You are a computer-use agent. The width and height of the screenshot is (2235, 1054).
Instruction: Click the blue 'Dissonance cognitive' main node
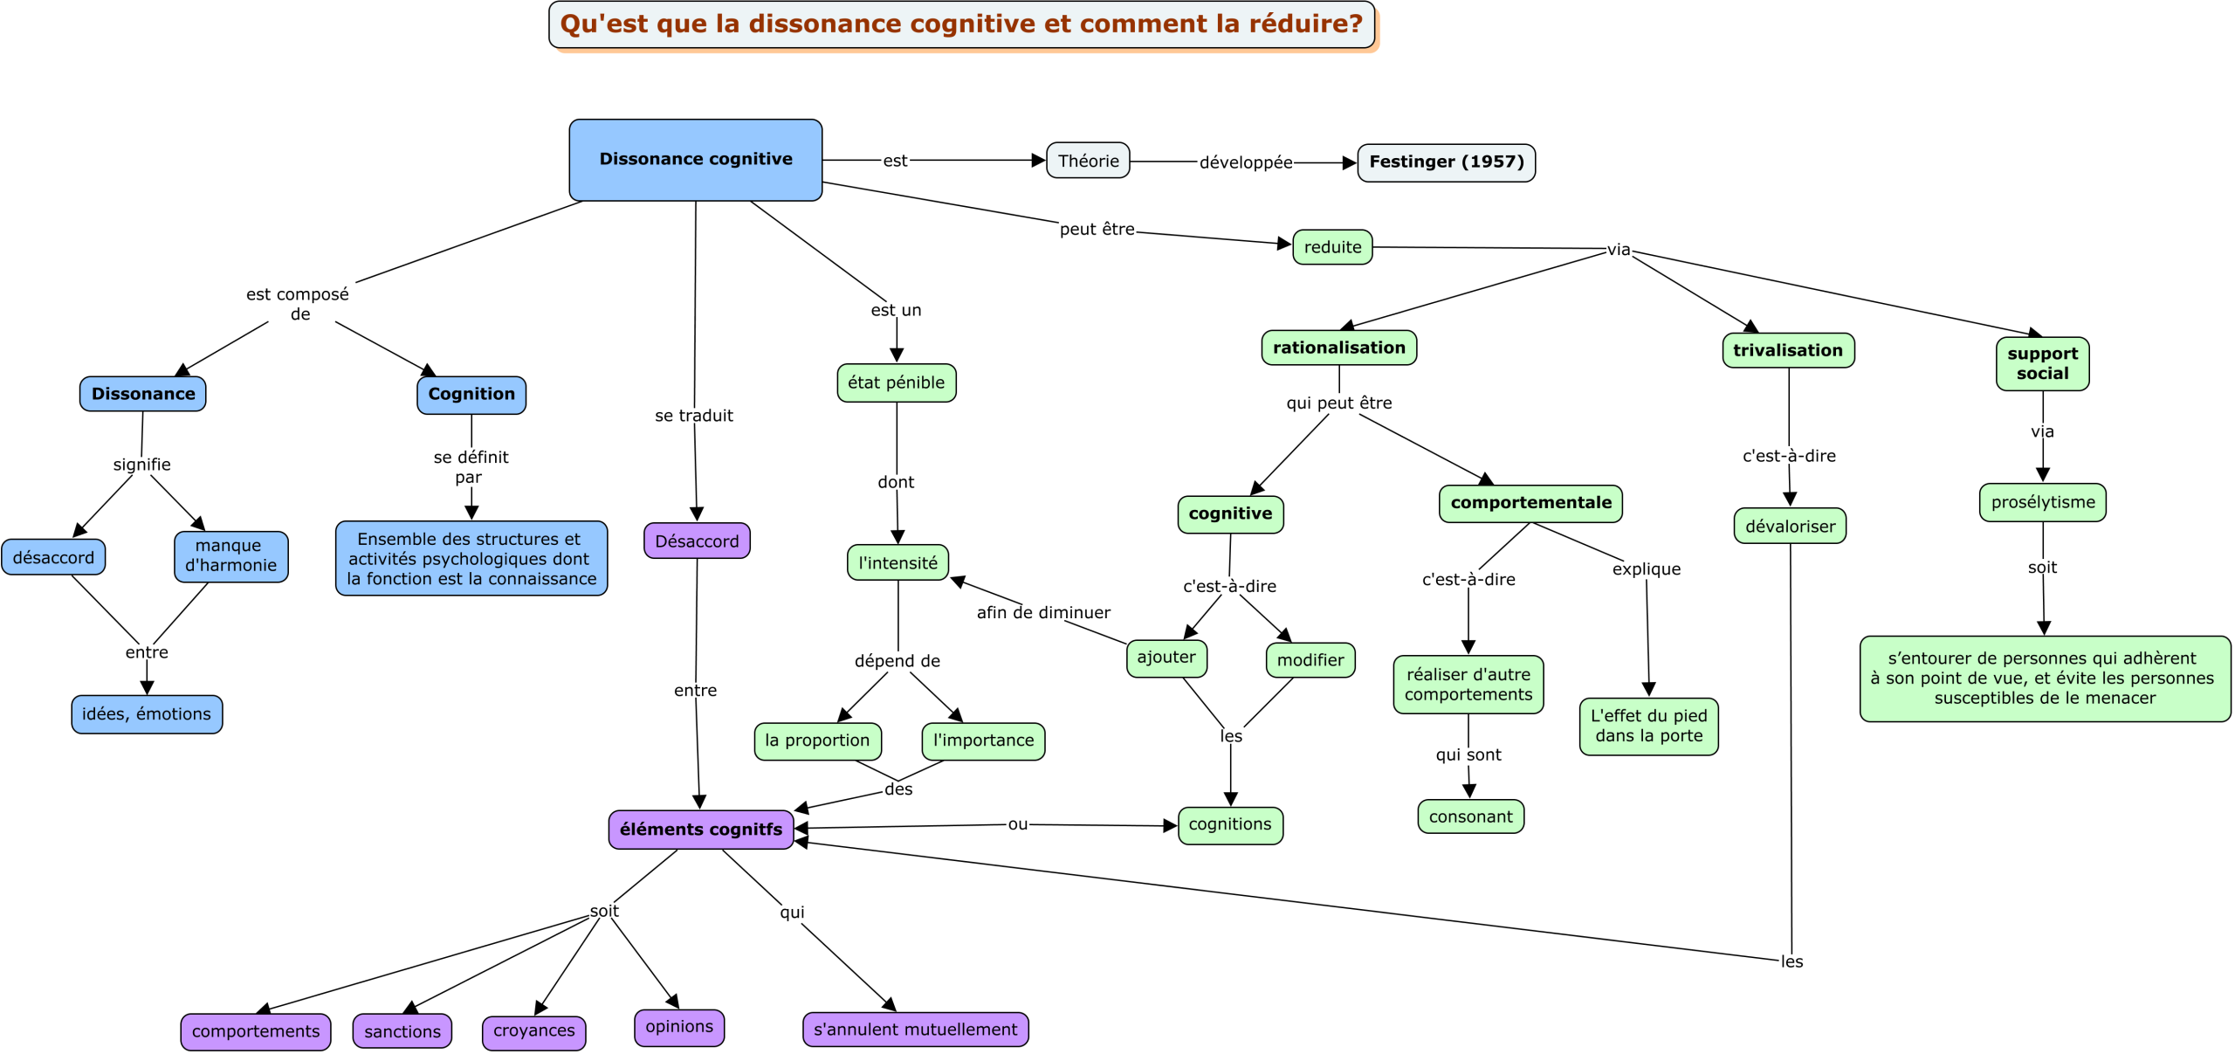click(x=695, y=160)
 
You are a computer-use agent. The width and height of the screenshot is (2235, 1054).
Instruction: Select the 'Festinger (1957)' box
click(x=1446, y=162)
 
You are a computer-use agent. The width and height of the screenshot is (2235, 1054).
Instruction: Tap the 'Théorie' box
click(x=1088, y=161)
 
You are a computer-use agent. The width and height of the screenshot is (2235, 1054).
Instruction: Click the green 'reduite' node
click(x=1332, y=247)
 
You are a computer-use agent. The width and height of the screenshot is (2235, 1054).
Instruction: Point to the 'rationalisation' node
click(x=1339, y=348)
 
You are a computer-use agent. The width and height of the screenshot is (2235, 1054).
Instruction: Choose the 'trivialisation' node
click(x=1788, y=350)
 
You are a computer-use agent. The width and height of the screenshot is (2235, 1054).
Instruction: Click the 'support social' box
click(x=2042, y=363)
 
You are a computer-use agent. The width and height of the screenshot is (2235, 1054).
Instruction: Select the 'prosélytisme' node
click(x=2043, y=502)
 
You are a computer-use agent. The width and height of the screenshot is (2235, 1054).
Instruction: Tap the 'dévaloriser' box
click(x=1790, y=526)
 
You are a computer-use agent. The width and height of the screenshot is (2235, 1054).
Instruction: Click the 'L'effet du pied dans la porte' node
click(x=1648, y=726)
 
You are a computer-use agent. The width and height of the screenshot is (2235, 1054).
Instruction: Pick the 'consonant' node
click(x=1470, y=816)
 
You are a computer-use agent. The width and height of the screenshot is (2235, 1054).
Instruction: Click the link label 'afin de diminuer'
click(x=1043, y=612)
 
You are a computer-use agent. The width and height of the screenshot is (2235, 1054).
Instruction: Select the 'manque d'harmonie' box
click(x=230, y=556)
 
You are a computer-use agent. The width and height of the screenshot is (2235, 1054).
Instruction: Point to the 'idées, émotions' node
click(x=147, y=714)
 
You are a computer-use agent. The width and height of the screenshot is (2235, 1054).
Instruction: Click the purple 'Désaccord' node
click(x=697, y=541)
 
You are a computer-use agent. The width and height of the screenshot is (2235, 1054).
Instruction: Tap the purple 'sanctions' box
click(x=402, y=1030)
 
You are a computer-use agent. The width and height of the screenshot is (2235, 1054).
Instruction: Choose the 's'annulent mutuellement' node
click(x=915, y=1029)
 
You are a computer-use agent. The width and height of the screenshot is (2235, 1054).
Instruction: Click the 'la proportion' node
click(x=817, y=741)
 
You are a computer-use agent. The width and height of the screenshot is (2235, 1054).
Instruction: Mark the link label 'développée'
click(x=1246, y=162)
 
